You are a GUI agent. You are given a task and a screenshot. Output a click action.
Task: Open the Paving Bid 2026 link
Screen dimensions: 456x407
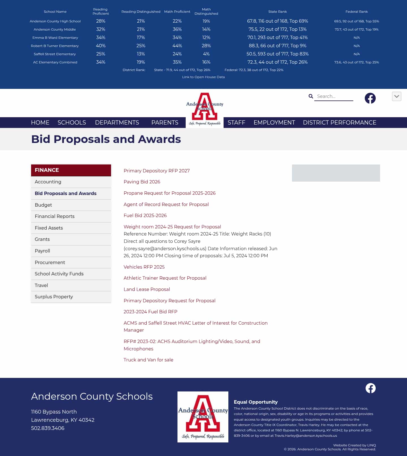(142, 182)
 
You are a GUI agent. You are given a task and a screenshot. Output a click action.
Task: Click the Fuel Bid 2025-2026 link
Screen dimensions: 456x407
(145, 215)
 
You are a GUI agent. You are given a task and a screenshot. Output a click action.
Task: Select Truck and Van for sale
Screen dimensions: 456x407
(148, 360)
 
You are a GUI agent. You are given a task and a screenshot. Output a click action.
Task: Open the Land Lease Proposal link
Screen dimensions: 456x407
(147, 289)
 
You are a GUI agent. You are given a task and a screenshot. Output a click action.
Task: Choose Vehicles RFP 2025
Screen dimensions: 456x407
(144, 267)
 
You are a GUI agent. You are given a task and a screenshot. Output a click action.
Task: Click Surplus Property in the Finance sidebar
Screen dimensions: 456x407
(54, 297)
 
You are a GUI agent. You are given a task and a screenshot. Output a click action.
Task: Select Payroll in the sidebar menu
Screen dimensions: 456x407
(42, 251)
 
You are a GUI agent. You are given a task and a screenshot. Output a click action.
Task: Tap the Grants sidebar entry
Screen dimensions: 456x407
(42, 239)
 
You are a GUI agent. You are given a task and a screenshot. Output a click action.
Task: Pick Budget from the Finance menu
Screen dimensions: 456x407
(43, 205)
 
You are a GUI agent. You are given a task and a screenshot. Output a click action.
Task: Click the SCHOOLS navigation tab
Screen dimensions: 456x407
(72, 123)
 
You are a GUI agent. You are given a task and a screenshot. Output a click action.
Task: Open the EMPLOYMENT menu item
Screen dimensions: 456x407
(274, 123)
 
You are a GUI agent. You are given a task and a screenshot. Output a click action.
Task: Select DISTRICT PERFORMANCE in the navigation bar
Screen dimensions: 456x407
(339, 123)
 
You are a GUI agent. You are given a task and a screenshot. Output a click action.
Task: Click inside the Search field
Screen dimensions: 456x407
(334, 96)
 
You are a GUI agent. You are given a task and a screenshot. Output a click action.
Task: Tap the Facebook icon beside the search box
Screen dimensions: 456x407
(370, 98)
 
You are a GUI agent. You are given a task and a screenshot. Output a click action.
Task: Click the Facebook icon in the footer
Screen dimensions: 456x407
(371, 388)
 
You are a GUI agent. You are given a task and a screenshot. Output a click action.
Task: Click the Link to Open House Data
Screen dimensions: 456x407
(203, 77)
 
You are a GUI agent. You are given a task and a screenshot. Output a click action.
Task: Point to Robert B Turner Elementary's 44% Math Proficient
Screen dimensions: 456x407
(177, 46)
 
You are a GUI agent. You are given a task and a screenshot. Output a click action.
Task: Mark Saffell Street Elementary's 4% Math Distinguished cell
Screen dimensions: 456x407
(206, 54)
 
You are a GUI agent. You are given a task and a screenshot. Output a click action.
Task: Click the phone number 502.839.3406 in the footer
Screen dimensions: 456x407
(48, 428)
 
